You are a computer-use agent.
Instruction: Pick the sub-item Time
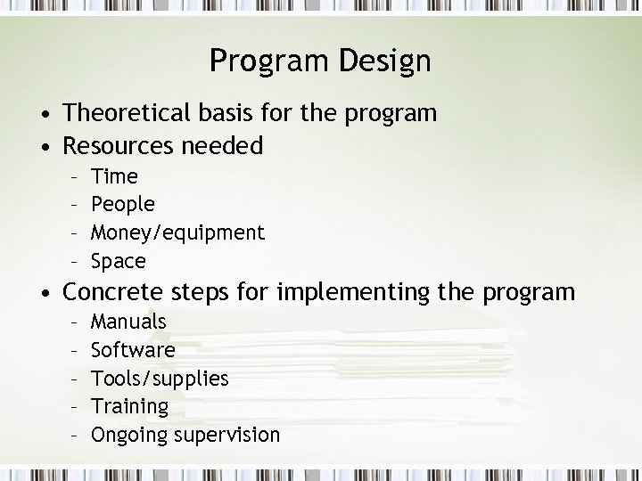tap(115, 175)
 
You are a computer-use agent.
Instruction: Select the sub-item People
tap(123, 204)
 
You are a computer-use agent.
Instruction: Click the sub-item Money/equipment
tap(178, 232)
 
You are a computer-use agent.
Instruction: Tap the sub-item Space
tap(119, 261)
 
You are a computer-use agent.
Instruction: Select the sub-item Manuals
tap(128, 321)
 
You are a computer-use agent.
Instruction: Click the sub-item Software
tap(133, 349)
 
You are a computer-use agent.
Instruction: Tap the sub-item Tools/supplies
tap(160, 379)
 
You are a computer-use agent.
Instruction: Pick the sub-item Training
tap(130, 407)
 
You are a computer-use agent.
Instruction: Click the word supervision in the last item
tap(227, 436)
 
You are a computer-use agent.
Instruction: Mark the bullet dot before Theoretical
tap(43, 115)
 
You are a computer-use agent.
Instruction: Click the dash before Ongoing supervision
tap(77, 435)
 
